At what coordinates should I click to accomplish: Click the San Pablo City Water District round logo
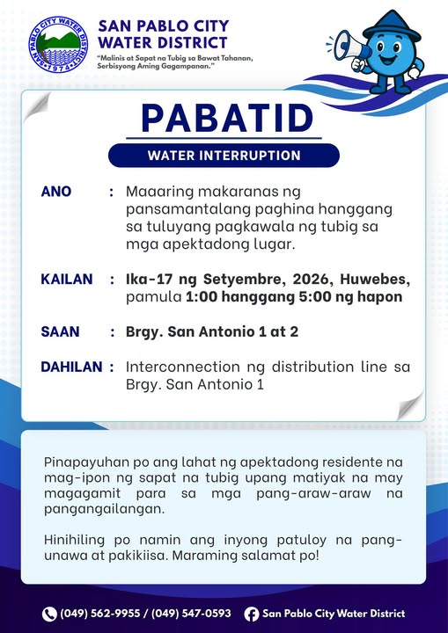(x=58, y=45)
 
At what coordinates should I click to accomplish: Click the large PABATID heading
(x=227, y=119)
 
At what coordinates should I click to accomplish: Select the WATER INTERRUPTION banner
(x=224, y=156)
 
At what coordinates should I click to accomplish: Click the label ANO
(x=56, y=192)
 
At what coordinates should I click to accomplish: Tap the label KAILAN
(x=67, y=280)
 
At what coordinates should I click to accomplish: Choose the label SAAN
(x=60, y=331)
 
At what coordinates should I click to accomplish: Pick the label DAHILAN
(x=71, y=367)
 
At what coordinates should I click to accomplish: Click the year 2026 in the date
(x=312, y=280)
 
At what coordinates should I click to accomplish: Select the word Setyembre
(x=246, y=280)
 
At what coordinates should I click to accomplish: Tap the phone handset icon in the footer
(x=49, y=614)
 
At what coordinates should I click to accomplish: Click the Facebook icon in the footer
(x=251, y=614)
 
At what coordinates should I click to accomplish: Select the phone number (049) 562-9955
(x=100, y=614)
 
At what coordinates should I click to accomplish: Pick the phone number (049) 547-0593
(x=191, y=614)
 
